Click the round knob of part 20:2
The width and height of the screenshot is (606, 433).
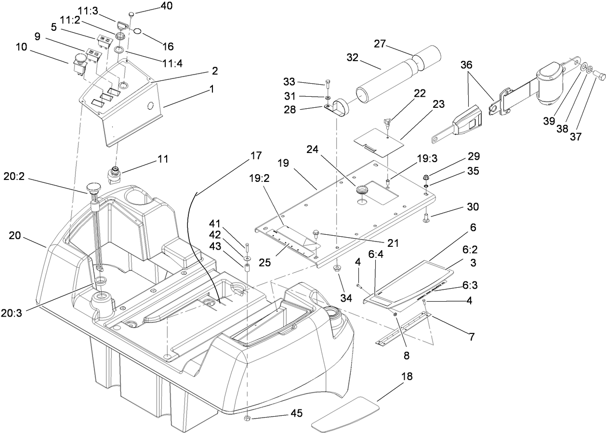92,188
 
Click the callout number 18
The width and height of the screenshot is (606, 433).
407,376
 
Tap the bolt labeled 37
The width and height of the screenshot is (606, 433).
599,76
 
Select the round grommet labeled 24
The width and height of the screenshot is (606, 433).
362,191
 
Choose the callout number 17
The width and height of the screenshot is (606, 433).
256,156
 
